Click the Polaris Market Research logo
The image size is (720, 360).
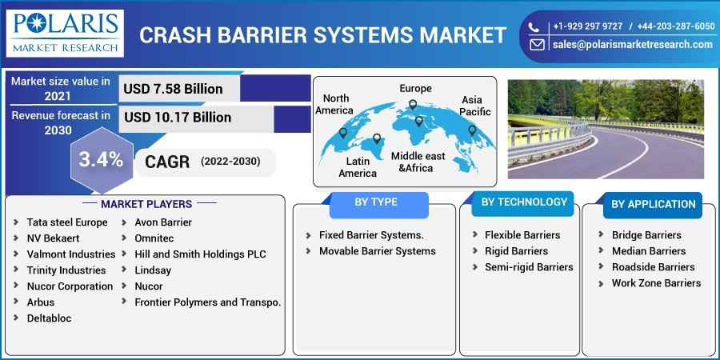(x=65, y=33)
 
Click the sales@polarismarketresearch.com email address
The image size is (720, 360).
(x=632, y=45)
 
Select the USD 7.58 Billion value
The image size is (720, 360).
(x=172, y=89)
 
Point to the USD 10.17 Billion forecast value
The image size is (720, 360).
(x=178, y=118)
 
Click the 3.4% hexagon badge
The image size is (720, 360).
(x=101, y=159)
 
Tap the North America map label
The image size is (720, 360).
(x=334, y=104)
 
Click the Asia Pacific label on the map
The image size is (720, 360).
(x=475, y=106)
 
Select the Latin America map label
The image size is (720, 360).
(x=357, y=167)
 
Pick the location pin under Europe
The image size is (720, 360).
(x=413, y=105)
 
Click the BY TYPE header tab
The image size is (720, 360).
(x=375, y=202)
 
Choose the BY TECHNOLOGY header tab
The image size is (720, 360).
(x=524, y=202)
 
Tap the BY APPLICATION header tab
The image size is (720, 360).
(x=653, y=204)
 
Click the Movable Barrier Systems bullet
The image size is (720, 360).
(x=377, y=251)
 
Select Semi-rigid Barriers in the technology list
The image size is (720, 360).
(x=528, y=267)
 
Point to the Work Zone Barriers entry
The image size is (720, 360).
(x=656, y=283)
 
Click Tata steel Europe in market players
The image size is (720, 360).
(x=67, y=222)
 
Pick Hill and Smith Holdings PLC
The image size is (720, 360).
(x=200, y=254)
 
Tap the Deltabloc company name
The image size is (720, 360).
(x=49, y=318)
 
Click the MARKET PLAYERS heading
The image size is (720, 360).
(x=146, y=204)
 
